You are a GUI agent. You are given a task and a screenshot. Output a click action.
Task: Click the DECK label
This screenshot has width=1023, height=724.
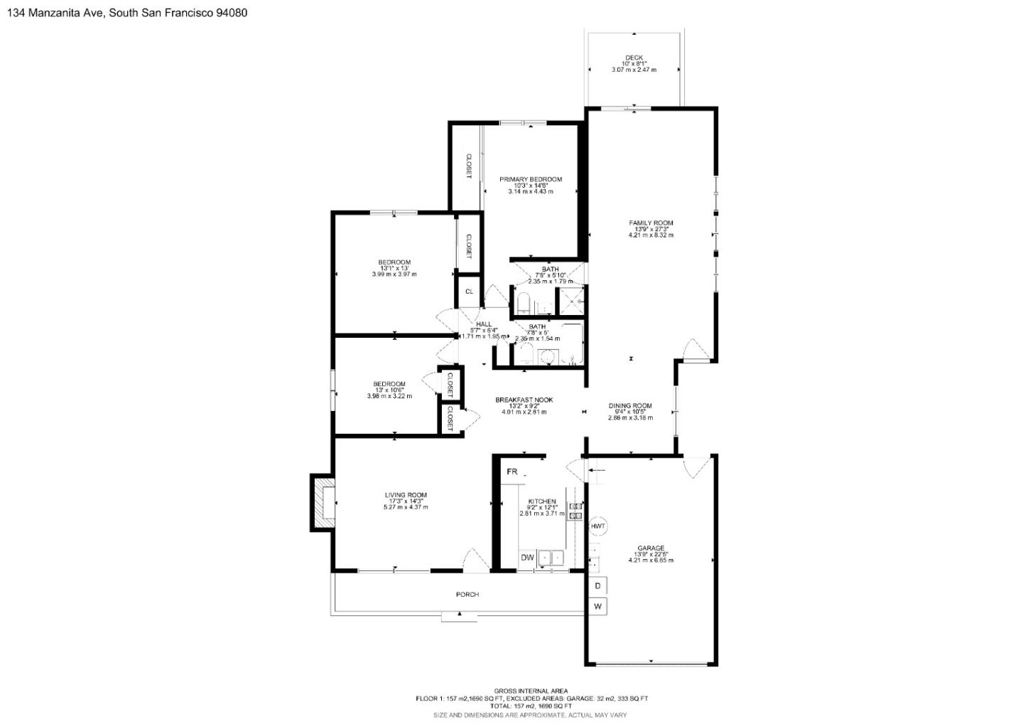[x=634, y=58]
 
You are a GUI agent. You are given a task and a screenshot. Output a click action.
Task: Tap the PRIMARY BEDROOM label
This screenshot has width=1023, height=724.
[x=530, y=179]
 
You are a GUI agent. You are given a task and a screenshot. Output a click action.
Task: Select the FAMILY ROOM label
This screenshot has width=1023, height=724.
[x=651, y=223]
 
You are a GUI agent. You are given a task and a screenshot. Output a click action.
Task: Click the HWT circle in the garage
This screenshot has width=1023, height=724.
[x=598, y=526]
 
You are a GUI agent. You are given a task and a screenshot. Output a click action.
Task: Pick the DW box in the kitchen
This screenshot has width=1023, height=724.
[x=527, y=558]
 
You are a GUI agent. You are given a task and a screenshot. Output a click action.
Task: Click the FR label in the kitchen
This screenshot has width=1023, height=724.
[x=511, y=472]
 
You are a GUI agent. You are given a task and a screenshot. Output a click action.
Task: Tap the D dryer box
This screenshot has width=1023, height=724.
[x=597, y=586]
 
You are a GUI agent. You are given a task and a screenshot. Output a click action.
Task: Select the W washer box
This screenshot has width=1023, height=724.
[x=597, y=607]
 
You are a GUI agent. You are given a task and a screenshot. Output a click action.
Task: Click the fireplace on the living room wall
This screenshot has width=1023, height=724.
[x=323, y=503]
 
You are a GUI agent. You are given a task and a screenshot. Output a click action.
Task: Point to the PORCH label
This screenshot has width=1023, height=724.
[x=467, y=594]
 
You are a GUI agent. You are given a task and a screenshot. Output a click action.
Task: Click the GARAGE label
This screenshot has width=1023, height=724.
[x=650, y=548]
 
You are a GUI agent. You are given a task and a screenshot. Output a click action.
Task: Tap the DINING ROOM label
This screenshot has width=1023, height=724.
[x=629, y=406]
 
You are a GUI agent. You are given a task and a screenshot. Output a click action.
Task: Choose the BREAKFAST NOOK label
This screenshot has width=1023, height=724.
[x=524, y=400]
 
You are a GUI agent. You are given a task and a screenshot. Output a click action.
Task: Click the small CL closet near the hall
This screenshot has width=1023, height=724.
[x=469, y=291]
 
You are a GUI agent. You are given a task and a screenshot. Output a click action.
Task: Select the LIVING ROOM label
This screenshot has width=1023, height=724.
[x=406, y=495]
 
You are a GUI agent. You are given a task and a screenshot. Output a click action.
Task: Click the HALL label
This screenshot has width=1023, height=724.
[x=484, y=324]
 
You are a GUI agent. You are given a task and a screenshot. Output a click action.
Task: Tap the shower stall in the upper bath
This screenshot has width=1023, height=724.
[x=571, y=301]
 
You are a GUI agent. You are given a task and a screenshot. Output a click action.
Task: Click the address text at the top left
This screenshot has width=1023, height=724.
[x=127, y=12]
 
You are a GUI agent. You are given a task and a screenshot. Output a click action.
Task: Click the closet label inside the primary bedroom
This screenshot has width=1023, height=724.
[x=468, y=166]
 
